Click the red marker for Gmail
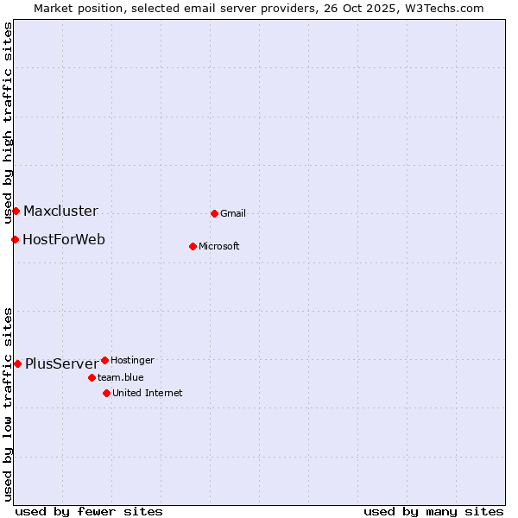pos(214,213)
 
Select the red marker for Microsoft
pos(193,246)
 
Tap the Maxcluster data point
pos(16,211)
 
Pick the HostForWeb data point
pos(15,239)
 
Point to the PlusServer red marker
pos(17,363)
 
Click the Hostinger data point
pos(104,360)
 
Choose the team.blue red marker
pos(92,377)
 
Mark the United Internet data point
pos(106,393)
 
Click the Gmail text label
pos(233,213)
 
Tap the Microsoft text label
pos(219,246)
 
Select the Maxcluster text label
pos(60,211)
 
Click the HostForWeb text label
pos(64,239)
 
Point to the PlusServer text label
pos(61,363)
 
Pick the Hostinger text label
pos(133,360)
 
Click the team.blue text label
pos(121,377)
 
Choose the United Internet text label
pos(148,393)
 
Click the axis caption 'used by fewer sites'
pos(89,511)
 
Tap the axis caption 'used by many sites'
pos(433,511)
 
